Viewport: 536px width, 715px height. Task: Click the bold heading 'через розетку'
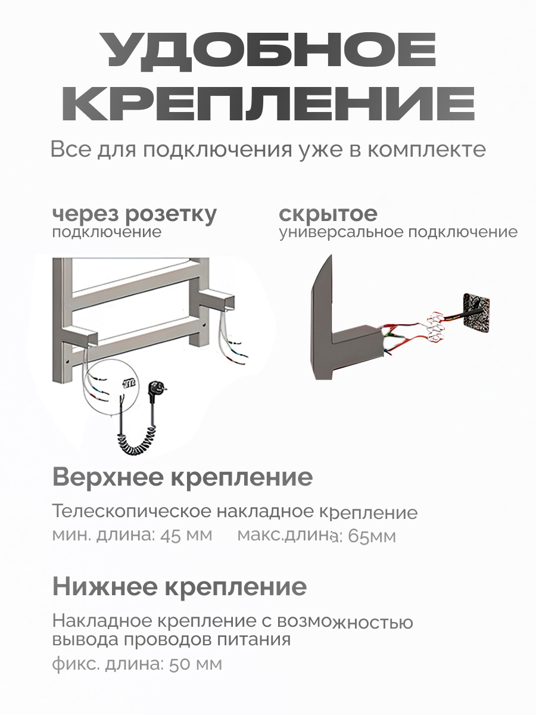[x=135, y=214]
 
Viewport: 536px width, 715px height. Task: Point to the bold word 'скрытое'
[x=328, y=214]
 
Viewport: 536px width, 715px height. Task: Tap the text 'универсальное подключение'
[x=398, y=232]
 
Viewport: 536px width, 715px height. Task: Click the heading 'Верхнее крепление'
[x=182, y=477]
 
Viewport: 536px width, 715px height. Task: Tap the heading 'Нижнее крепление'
[x=179, y=587]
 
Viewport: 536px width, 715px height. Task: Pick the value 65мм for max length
[x=372, y=536]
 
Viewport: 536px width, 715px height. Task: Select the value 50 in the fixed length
[x=179, y=664]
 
